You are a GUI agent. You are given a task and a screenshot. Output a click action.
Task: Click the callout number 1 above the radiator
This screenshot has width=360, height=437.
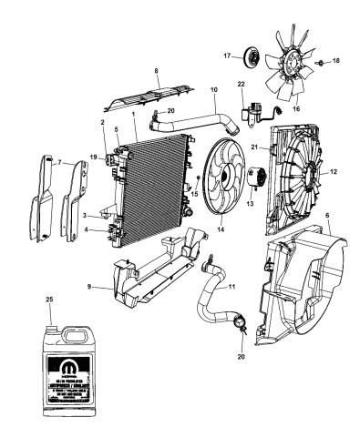[x=133, y=114]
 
